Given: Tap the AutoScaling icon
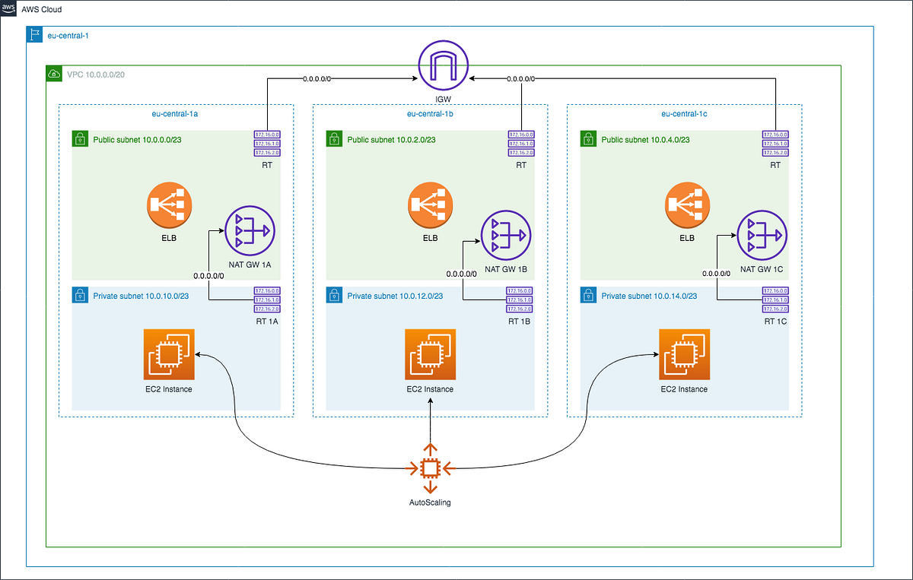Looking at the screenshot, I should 431,467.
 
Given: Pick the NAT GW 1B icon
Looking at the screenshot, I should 505,235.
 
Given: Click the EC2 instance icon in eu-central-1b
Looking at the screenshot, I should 430,354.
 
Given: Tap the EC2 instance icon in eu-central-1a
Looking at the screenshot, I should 169,354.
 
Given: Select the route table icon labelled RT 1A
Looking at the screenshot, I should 267,300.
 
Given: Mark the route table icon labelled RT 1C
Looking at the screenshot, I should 775,300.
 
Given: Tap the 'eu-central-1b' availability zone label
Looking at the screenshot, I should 430,114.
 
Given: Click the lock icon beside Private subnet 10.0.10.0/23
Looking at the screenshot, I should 79,293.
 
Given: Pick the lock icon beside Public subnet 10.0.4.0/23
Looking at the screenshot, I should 587,139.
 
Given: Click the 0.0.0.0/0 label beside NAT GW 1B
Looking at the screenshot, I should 460,274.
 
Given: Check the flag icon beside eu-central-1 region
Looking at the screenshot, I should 33,34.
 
